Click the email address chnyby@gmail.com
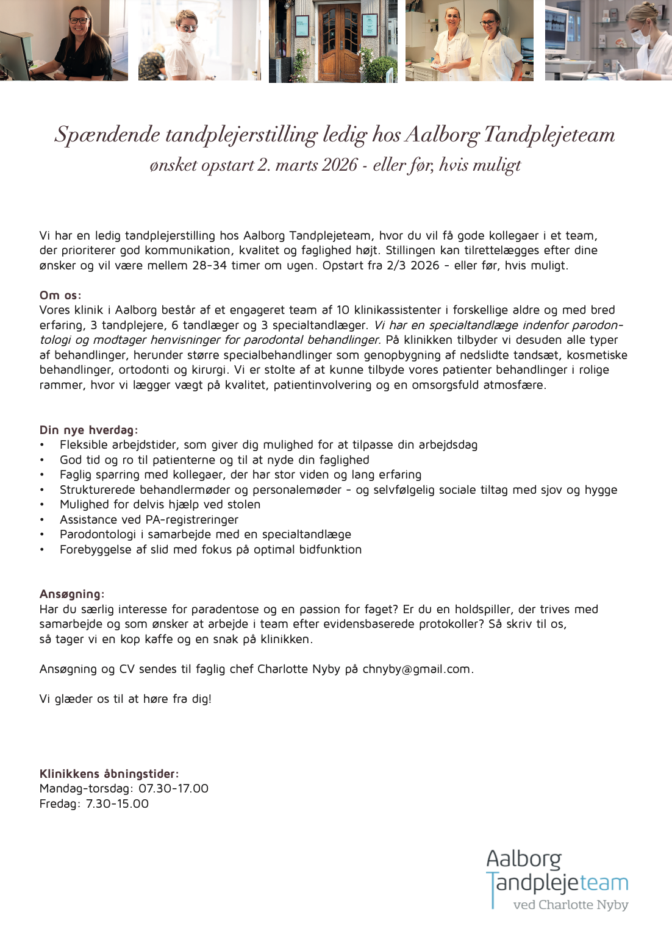pyautogui.click(x=416, y=669)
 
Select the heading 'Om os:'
pyautogui.click(x=60, y=296)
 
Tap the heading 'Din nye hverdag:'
pyautogui.click(x=88, y=430)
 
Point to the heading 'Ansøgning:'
pyautogui.click(x=72, y=594)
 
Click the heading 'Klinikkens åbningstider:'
pyautogui.click(x=109, y=774)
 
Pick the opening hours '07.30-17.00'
pyautogui.click(x=173, y=789)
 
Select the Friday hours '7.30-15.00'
pyautogui.click(x=117, y=804)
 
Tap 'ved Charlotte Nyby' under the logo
pyautogui.click(x=570, y=905)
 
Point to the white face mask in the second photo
pyautogui.click(x=188, y=37)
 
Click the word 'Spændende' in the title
pyautogui.click(x=107, y=135)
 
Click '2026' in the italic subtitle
pyautogui.click(x=340, y=165)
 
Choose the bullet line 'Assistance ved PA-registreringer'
pyautogui.click(x=149, y=520)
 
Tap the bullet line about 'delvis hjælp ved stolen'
pyautogui.click(x=160, y=505)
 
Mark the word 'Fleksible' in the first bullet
pyautogui.click(x=84, y=445)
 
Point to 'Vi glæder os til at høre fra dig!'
pyautogui.click(x=125, y=699)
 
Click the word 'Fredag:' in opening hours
pyautogui.click(x=60, y=804)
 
